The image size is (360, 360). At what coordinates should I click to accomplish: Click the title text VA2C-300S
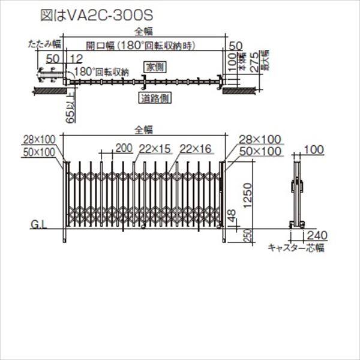pyautogui.click(x=98, y=11)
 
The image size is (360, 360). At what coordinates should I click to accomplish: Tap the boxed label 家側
pyautogui.click(x=154, y=65)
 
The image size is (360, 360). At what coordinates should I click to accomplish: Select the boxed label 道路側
pyautogui.click(x=154, y=99)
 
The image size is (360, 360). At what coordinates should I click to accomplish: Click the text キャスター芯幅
pyautogui.click(x=296, y=247)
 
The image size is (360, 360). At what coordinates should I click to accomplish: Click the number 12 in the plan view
pyautogui.click(x=75, y=58)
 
